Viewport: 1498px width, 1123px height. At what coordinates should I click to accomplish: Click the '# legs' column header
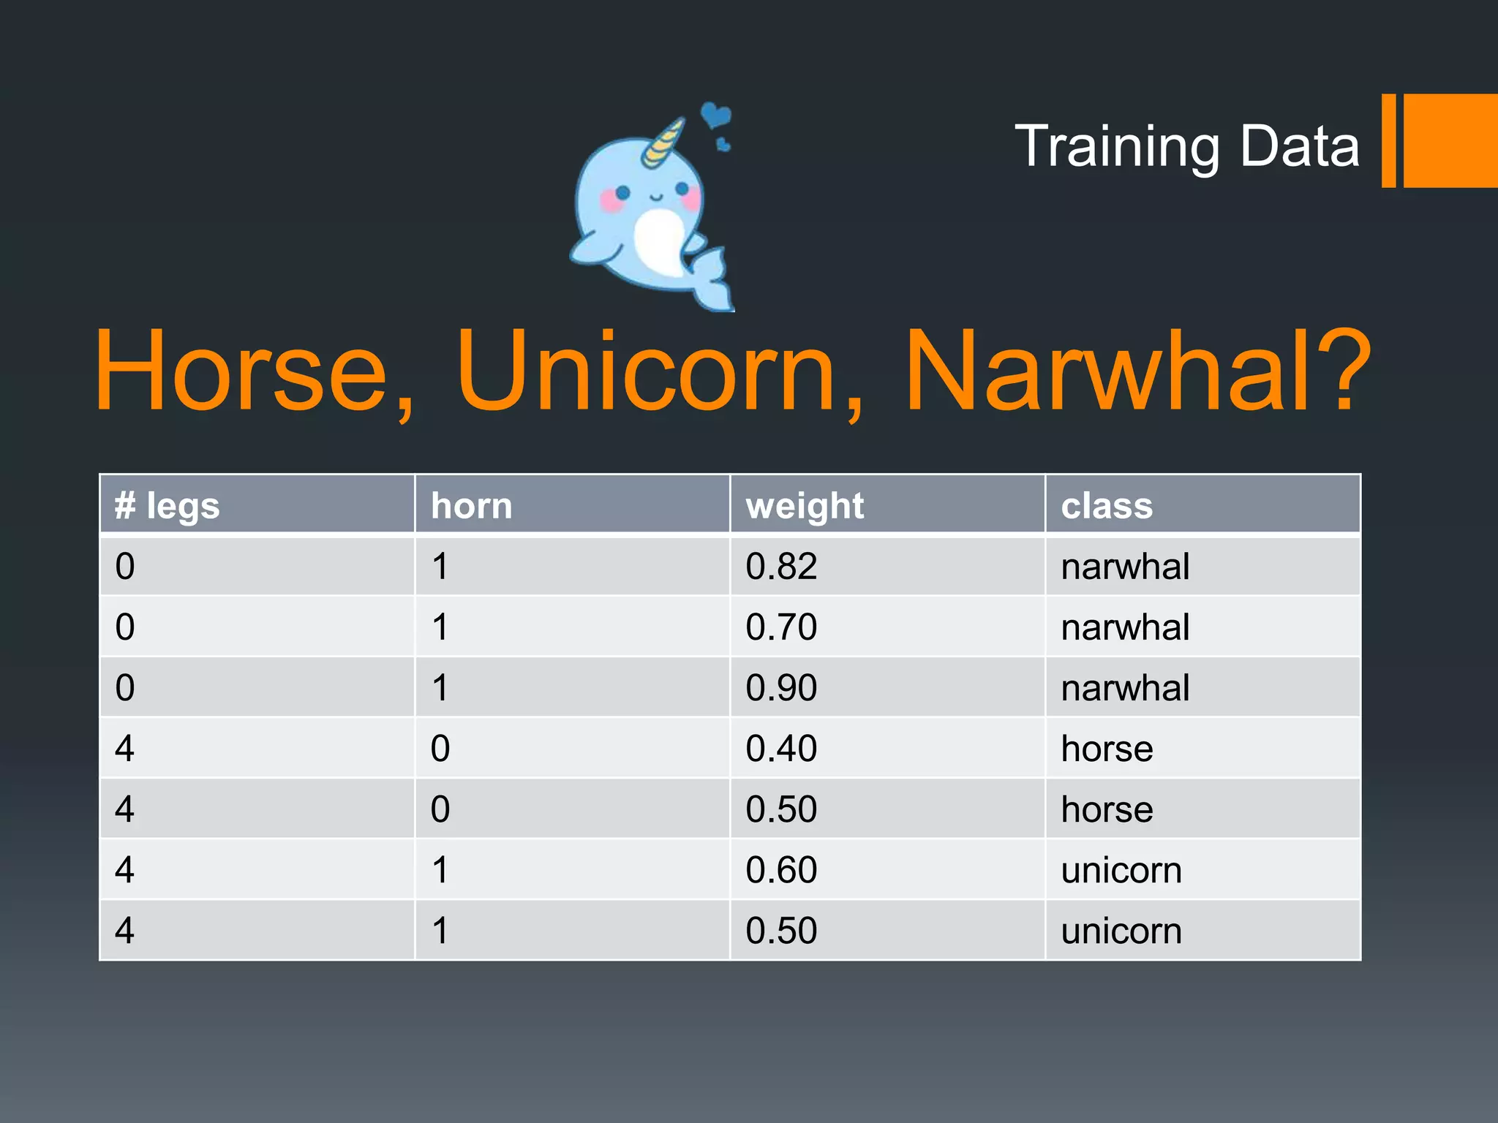pos(168,505)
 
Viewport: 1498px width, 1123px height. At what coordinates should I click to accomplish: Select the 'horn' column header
pos(472,505)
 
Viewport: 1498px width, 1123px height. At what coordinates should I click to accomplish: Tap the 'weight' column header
pos(805,505)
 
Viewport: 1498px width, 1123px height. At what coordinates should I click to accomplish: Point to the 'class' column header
pos(1107,505)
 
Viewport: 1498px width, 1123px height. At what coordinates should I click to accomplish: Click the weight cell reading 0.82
pos(781,567)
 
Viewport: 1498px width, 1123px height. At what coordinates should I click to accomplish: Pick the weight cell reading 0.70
pos(781,627)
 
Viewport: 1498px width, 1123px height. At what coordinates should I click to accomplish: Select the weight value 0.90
pos(781,688)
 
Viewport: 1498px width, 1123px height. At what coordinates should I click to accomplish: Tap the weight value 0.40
pos(781,749)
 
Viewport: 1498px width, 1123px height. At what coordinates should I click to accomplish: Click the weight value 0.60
pos(781,870)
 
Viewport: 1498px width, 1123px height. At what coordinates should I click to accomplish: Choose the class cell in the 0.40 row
pos(1107,749)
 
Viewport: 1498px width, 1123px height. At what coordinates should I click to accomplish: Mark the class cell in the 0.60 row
pos(1121,870)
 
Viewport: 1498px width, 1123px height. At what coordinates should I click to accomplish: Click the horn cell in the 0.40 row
pos(440,749)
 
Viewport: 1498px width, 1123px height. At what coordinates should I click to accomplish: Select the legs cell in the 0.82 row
pos(125,567)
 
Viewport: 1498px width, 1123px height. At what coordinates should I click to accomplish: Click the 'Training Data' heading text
pos(1186,145)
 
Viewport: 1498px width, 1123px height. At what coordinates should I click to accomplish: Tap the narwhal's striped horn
pos(664,143)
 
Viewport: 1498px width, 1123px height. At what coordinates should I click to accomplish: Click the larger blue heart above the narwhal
pos(715,115)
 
